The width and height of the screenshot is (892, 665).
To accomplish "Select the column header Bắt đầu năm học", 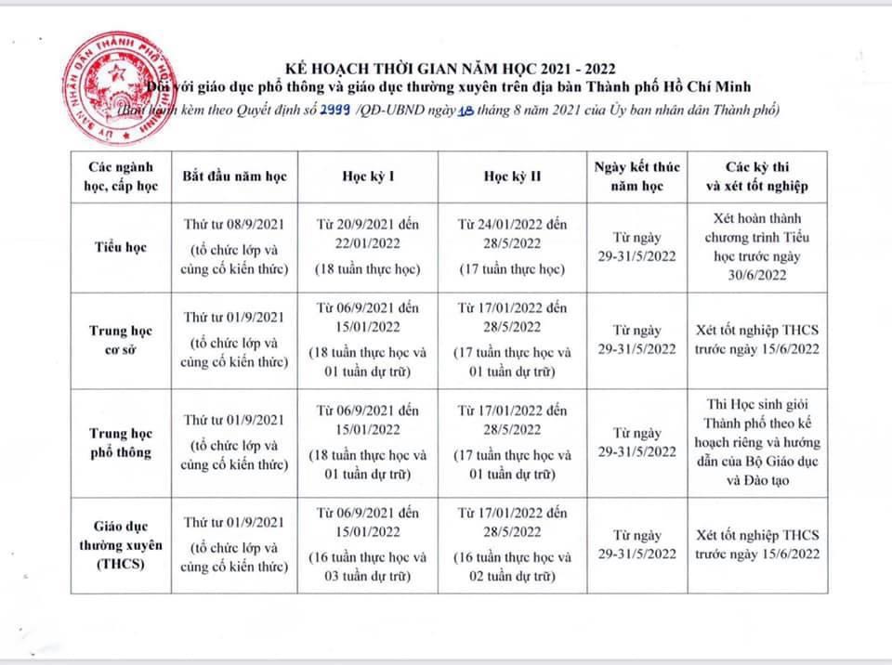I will (235, 176).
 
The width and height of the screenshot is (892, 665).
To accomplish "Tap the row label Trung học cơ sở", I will (121, 341).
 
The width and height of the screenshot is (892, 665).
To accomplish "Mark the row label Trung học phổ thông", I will (121, 442).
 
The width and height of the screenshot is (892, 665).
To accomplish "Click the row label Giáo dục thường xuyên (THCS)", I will (121, 545).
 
